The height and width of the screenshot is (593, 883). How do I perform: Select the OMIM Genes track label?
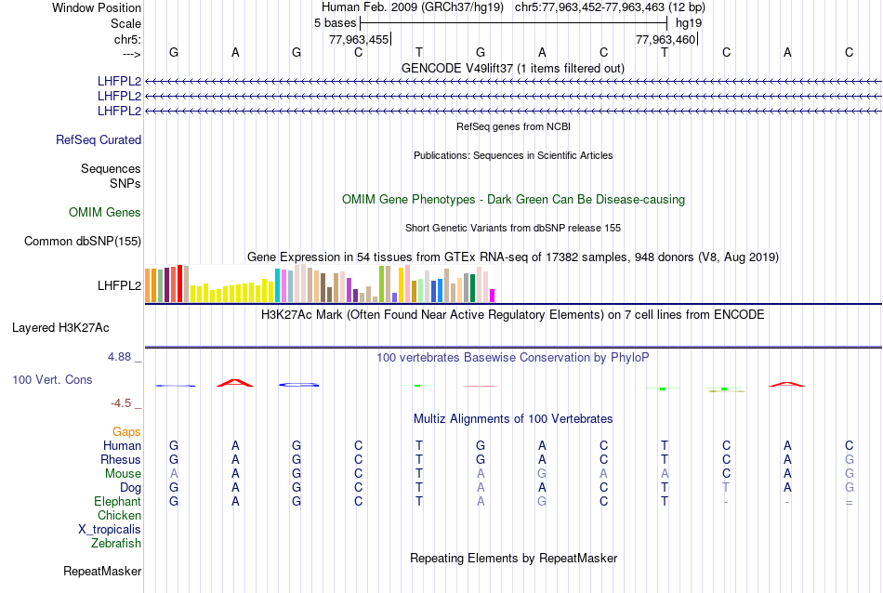pos(105,213)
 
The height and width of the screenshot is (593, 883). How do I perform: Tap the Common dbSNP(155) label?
pos(83,242)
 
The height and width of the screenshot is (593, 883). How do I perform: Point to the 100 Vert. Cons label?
pos(52,380)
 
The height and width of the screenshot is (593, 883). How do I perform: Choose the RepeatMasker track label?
pos(102,571)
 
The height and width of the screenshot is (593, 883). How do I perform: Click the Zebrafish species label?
pos(116,543)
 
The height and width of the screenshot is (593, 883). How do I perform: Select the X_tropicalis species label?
pos(110,529)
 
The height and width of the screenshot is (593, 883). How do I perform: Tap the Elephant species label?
pos(117,502)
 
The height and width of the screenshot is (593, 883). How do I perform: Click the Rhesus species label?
pos(121,460)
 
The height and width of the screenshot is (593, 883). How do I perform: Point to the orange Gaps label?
pos(126,432)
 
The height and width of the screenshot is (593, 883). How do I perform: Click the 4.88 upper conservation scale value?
pos(120,357)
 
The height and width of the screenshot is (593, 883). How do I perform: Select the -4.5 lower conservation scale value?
pos(122,403)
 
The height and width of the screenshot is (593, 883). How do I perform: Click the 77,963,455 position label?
pos(359,39)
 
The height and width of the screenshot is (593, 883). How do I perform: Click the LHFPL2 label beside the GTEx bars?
pos(119,285)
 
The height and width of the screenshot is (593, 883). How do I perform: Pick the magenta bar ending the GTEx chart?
pos(493,296)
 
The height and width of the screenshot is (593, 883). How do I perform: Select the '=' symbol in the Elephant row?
pos(849,502)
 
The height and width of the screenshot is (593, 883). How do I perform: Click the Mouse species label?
pos(123,474)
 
